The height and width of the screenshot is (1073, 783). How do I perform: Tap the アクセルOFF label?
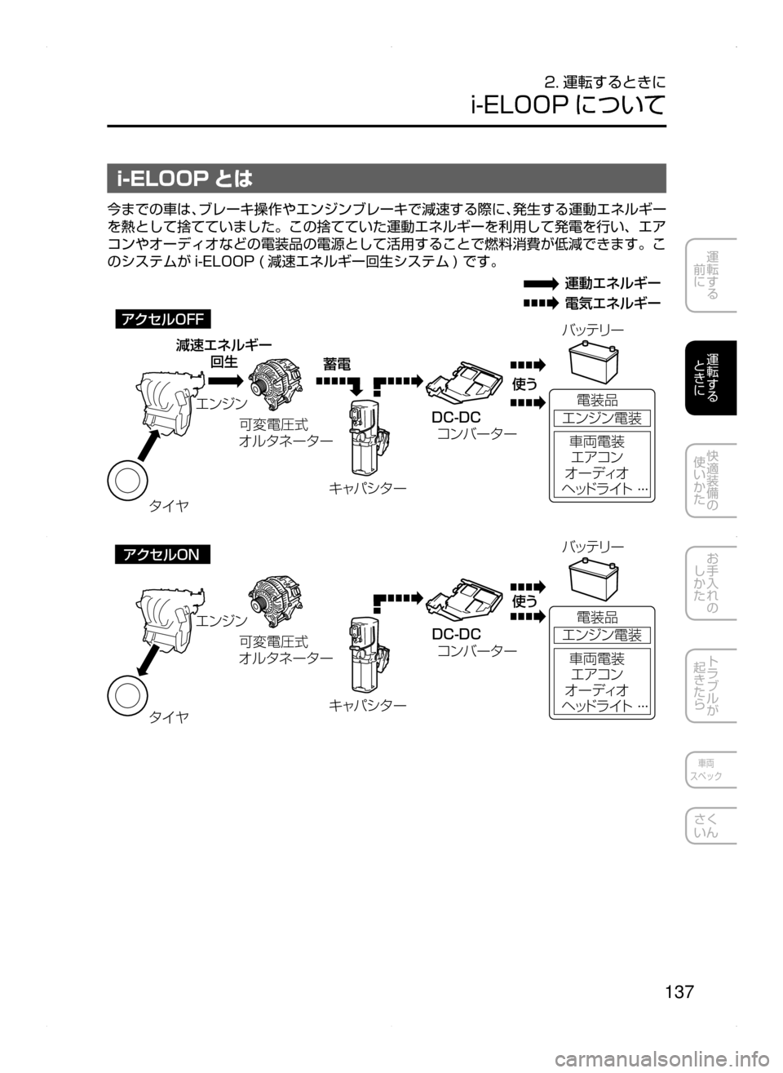pyautogui.click(x=162, y=319)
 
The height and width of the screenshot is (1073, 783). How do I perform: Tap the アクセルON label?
pyautogui.click(x=162, y=555)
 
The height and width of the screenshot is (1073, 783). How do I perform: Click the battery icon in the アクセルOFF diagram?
pyautogui.click(x=593, y=361)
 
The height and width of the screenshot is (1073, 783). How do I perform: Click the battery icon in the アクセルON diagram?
pyautogui.click(x=593, y=581)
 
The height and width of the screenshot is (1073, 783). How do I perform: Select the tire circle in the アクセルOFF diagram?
pyautogui.click(x=128, y=481)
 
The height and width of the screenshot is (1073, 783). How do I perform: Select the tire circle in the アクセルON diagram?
pyautogui.click(x=128, y=695)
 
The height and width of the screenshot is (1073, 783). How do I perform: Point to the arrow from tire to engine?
pyautogui.click(x=148, y=445)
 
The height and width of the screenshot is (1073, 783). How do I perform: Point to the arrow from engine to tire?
pyautogui.click(x=148, y=659)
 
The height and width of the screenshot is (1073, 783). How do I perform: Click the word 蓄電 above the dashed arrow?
pyautogui.click(x=337, y=365)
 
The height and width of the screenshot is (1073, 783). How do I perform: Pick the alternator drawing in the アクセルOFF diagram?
pyautogui.click(x=275, y=385)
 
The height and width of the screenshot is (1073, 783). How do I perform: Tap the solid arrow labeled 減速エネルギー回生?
pyautogui.click(x=226, y=381)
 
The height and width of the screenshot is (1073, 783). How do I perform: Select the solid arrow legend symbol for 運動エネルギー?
pyautogui.click(x=541, y=284)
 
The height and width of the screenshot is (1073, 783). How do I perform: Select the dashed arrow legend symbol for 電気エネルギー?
pyautogui.click(x=541, y=303)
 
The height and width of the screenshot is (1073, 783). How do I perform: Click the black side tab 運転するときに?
pyautogui.click(x=710, y=378)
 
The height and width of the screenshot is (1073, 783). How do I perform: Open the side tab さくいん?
pyautogui.click(x=710, y=825)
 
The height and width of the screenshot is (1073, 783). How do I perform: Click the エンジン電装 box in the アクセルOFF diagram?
pyautogui.click(x=601, y=418)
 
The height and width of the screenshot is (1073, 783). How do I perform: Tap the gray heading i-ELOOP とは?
pyautogui.click(x=387, y=178)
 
